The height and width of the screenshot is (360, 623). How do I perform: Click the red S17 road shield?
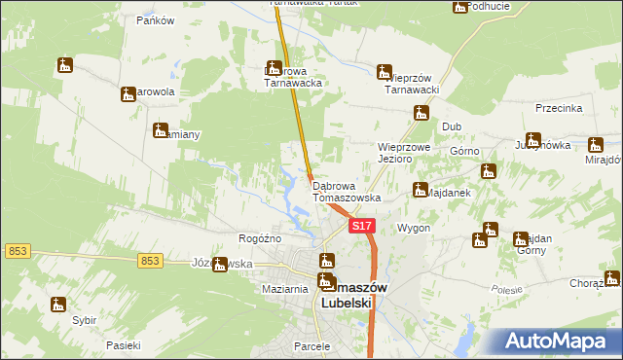point(361,226)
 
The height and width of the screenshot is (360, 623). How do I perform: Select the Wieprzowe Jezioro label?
point(404,153)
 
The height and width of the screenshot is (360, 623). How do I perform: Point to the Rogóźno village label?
point(260,238)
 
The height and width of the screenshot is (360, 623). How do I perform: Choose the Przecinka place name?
point(558,108)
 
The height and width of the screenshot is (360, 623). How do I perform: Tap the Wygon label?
point(414,227)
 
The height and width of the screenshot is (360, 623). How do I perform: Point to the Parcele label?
point(313,345)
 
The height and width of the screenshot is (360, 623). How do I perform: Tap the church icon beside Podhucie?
point(459,7)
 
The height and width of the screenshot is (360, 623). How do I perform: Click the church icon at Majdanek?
point(421,189)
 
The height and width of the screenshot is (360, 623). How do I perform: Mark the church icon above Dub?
point(421,112)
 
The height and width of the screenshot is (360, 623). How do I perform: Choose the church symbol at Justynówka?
point(532,140)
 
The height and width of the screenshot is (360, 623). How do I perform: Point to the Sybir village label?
point(84,319)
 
